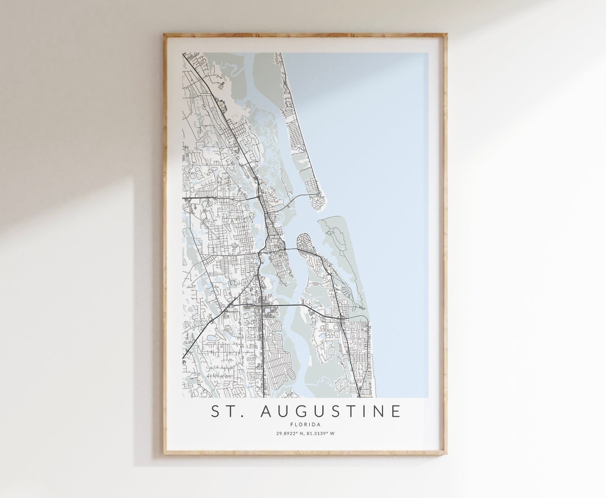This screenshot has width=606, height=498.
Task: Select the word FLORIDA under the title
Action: [x=306, y=425]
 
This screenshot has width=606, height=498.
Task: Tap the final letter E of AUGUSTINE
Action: [x=397, y=411]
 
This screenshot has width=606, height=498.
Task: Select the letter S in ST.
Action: [x=216, y=411]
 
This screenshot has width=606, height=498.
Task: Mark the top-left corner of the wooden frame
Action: [x=164, y=34]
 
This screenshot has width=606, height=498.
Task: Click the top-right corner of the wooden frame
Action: [x=446, y=34]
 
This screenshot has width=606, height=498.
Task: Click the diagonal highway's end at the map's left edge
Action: [x=183, y=358]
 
